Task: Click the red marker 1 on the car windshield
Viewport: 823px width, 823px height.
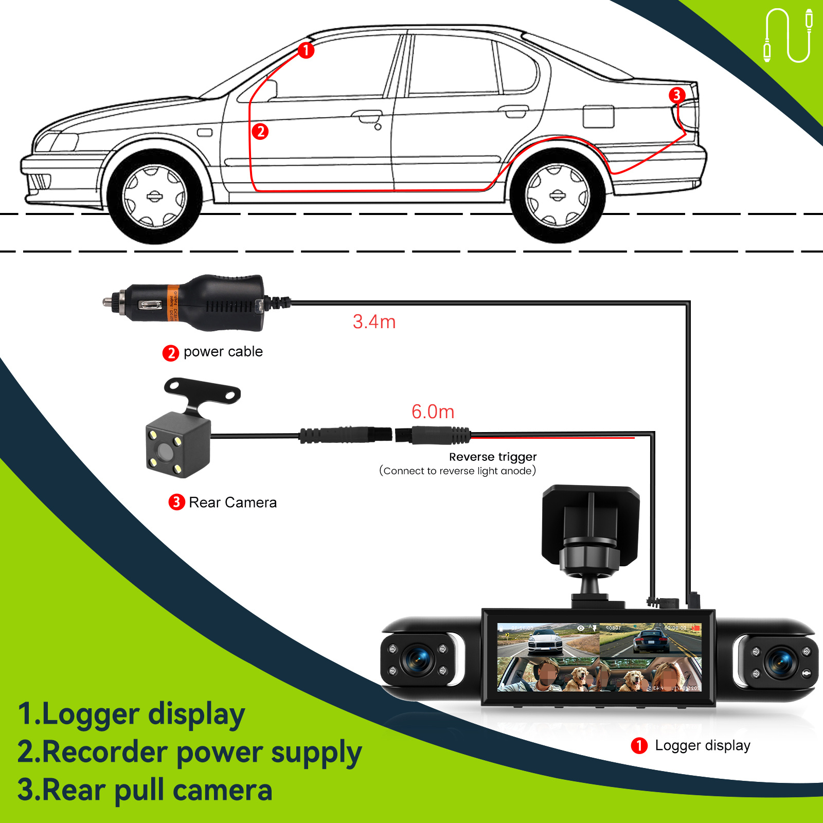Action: coord(306,50)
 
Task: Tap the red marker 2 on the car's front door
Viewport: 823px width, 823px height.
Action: coord(260,132)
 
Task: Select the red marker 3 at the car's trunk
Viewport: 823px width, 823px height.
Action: coord(676,95)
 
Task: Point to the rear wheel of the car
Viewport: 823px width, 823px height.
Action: coord(557,195)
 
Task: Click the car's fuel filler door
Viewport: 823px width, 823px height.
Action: coord(598,117)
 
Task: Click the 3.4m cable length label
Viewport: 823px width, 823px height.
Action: coord(374,322)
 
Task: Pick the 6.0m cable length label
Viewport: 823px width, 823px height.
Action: coord(433,412)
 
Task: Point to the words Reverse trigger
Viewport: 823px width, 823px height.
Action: coord(493,457)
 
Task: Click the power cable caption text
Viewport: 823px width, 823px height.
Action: coord(223,352)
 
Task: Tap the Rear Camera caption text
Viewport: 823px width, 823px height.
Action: coord(232,503)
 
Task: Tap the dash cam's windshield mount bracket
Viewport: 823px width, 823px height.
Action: coord(591,530)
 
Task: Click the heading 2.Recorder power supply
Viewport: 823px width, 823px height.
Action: coord(189,753)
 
